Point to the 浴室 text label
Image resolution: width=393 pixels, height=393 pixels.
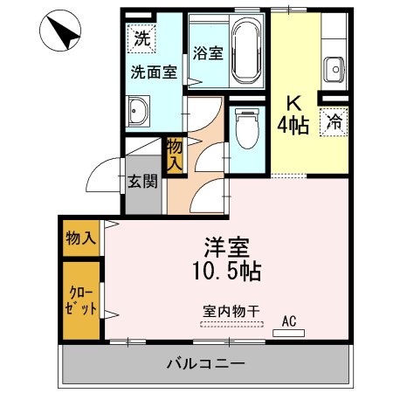tap(206, 52)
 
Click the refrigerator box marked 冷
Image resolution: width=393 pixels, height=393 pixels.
tap(334, 123)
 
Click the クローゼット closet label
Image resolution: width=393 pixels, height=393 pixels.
tap(80, 300)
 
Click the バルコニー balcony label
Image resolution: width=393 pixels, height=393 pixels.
tap(205, 363)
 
